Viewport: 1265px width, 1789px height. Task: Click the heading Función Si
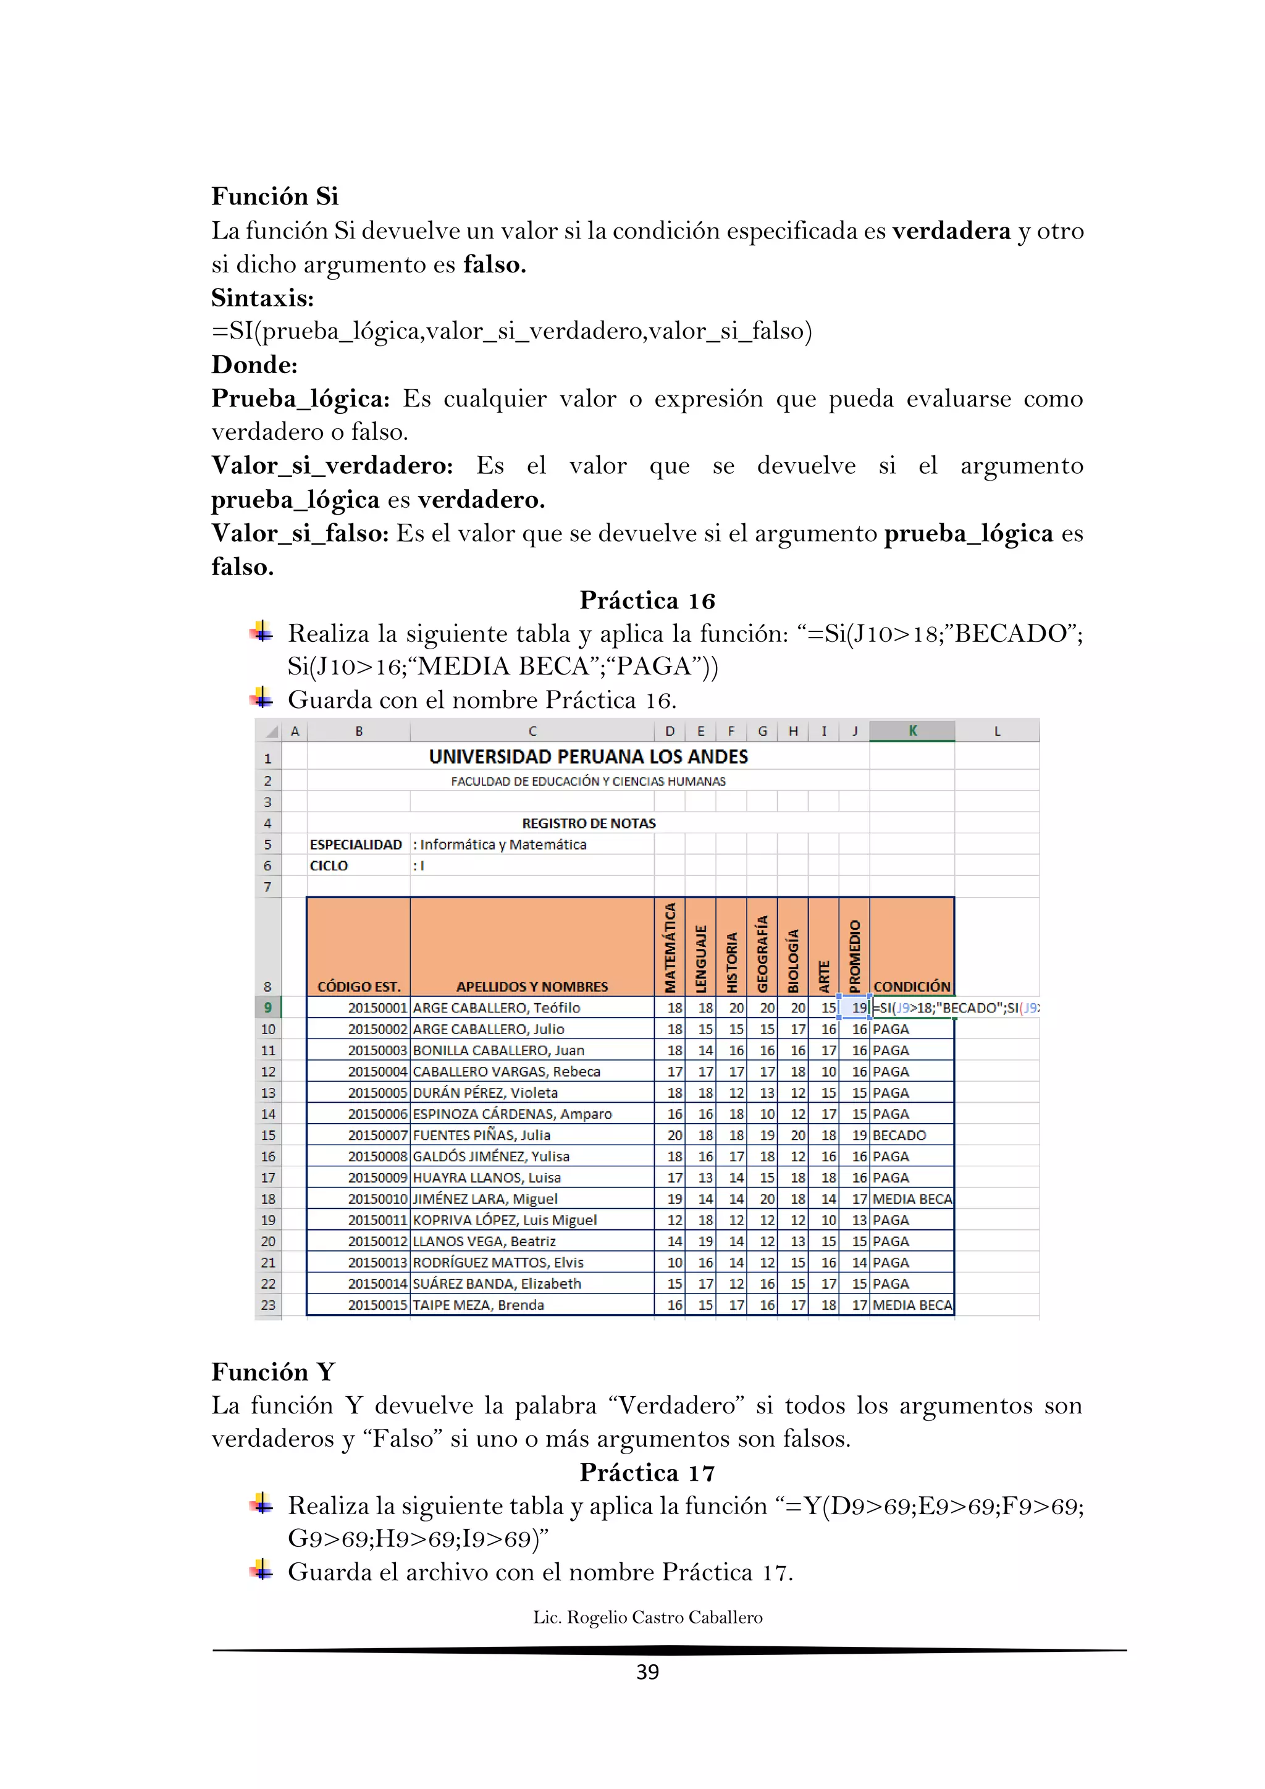[x=274, y=196]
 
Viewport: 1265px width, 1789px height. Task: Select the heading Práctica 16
[x=647, y=600]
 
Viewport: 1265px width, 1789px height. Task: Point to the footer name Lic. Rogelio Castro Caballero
[x=647, y=1617]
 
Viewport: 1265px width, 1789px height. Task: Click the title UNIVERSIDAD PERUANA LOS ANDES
[x=588, y=757]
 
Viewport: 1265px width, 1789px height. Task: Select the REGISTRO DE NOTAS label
[x=588, y=823]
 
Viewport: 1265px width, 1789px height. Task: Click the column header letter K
[x=912, y=731]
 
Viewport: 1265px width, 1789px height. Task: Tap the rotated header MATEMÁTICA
[x=670, y=947]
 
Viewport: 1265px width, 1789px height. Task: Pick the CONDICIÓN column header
[x=911, y=987]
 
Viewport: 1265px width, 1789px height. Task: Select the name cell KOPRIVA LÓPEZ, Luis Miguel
[x=505, y=1220]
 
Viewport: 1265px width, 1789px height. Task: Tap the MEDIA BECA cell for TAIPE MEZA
[x=911, y=1305]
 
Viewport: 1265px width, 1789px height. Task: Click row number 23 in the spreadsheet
[x=268, y=1305]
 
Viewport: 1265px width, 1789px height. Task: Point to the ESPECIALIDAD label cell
[x=356, y=844]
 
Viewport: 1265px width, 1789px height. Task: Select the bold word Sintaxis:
[x=263, y=298]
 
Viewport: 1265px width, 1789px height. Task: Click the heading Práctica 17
[x=647, y=1472]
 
